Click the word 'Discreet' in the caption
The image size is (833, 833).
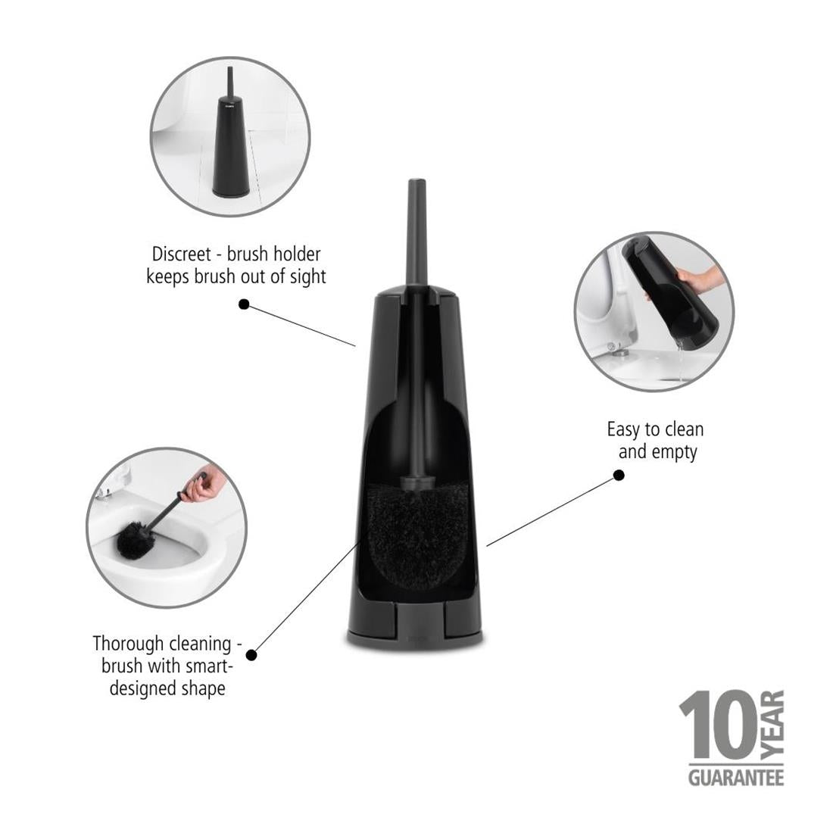click(181, 254)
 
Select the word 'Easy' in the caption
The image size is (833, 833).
click(623, 429)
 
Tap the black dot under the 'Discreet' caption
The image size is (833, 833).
click(244, 304)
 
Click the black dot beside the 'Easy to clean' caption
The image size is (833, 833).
click(618, 475)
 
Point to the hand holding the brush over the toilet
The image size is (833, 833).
click(203, 486)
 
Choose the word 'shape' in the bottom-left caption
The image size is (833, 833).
click(204, 689)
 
